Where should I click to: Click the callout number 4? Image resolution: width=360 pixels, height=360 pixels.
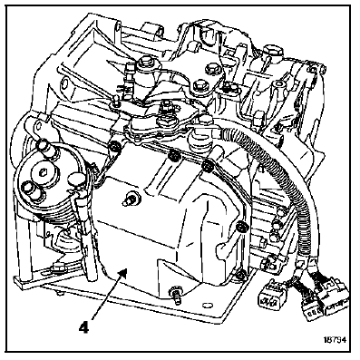point(83,327)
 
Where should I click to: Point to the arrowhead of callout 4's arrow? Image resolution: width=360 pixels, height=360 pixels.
point(123,274)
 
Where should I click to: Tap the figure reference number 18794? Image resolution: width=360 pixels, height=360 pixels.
point(335,339)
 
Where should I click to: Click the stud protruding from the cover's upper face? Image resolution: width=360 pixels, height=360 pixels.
point(131,199)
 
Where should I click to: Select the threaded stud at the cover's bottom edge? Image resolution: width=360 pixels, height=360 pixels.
point(176,294)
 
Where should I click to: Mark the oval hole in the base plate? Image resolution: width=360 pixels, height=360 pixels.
point(208,305)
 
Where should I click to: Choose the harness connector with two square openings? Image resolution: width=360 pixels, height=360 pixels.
point(270,297)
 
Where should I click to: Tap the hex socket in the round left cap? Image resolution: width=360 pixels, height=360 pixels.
point(42,172)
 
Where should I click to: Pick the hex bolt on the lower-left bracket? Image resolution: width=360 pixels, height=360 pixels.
point(57,268)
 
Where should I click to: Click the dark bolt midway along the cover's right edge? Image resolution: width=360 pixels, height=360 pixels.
point(241,227)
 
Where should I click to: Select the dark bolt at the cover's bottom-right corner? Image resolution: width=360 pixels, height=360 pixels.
point(241,275)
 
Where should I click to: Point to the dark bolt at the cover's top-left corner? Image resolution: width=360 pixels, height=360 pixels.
point(114,147)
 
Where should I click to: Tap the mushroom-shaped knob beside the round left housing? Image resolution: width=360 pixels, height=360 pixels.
point(75,180)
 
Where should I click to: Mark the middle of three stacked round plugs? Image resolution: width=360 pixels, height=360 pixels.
point(277,225)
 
